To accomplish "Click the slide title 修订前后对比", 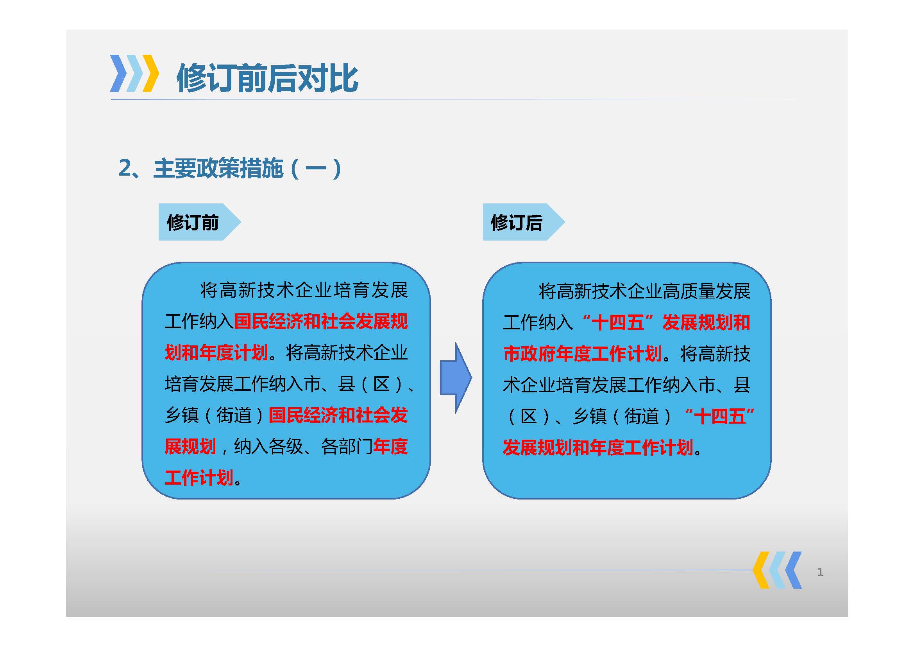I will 267,78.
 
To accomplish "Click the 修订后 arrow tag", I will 517,222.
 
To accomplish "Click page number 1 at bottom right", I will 820,573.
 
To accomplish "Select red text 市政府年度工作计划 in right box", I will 582,354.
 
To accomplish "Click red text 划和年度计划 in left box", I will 216,353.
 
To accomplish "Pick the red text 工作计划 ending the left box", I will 199,478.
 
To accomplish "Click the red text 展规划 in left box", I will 190,447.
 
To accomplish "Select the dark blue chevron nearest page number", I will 793,570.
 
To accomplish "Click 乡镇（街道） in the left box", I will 214,415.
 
